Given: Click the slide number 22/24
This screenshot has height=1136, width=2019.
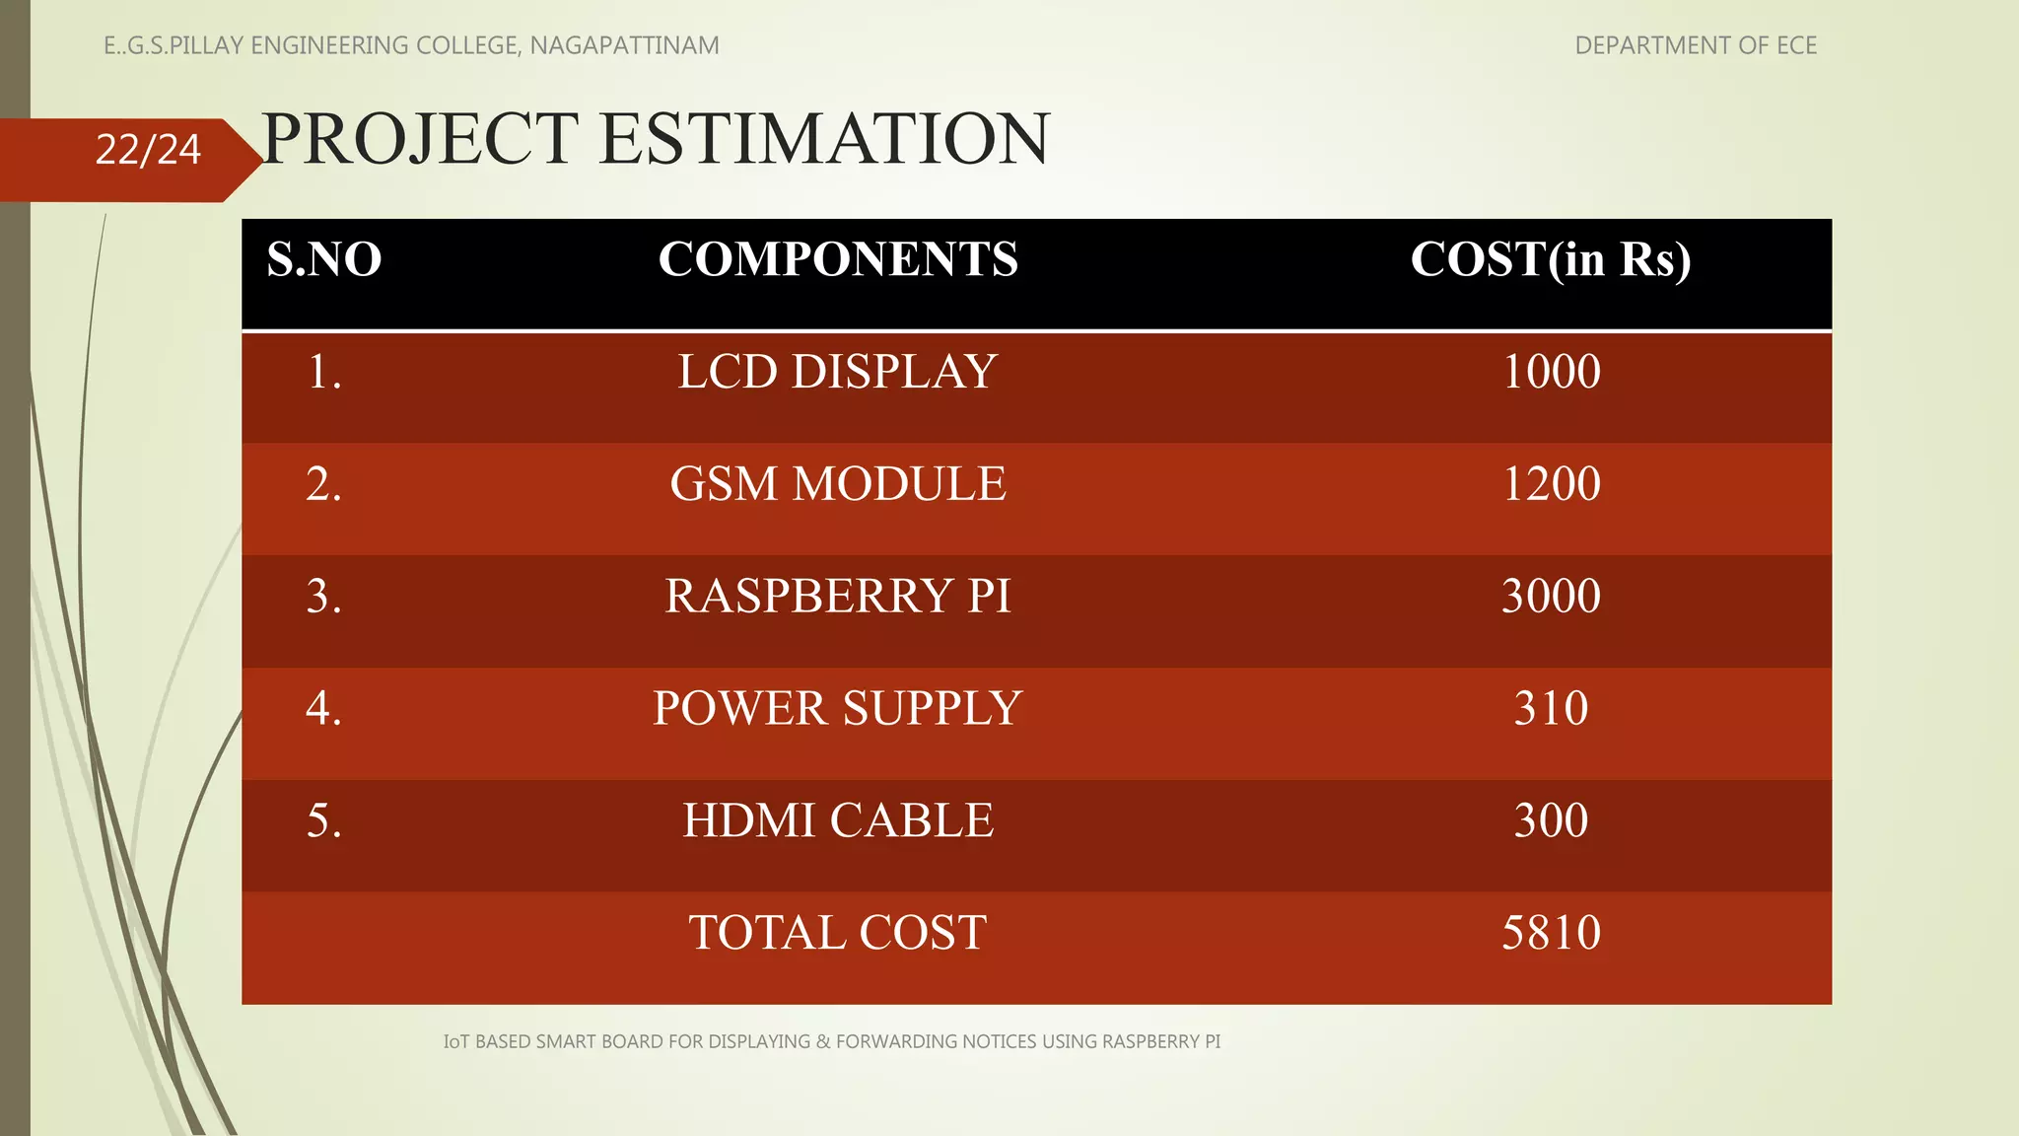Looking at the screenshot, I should click(x=148, y=150).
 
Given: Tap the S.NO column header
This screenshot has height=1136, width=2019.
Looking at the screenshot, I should click(x=324, y=259).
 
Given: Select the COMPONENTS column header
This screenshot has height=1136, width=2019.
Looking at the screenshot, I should click(x=838, y=259).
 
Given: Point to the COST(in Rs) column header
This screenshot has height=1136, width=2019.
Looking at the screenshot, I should click(x=1551, y=259).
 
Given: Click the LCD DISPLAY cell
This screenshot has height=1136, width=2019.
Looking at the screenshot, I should click(x=838, y=372).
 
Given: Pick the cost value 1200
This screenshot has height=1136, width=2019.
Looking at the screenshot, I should click(x=1551, y=484).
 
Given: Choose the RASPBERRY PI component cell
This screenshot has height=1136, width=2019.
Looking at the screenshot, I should click(x=838, y=597).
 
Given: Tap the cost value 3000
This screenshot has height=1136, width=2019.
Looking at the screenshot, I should click(x=1551, y=597).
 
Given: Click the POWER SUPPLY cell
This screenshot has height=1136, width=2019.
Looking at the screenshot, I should click(x=838, y=708).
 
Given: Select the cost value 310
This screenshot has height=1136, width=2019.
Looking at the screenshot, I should click(x=1551, y=708).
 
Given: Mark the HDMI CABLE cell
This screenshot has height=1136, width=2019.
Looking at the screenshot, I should click(x=838, y=820).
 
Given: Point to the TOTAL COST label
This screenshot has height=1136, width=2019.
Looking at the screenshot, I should click(x=838, y=933).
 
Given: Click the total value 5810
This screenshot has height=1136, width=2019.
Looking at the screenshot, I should click(x=1551, y=933).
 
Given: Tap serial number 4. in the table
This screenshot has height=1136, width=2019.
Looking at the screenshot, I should click(x=324, y=708).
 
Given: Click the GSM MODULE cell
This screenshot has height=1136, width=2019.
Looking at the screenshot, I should click(x=838, y=484).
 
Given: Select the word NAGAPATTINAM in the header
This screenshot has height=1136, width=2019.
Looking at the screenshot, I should click(x=624, y=45).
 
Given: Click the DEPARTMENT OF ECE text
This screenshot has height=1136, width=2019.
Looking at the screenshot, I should click(x=1696, y=45).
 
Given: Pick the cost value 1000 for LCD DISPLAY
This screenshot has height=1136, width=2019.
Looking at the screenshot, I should click(x=1551, y=372).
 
